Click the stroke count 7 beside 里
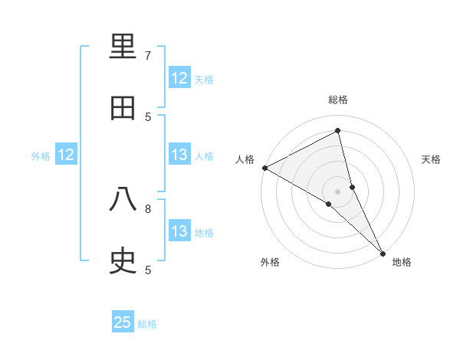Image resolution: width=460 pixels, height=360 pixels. pos(148,56)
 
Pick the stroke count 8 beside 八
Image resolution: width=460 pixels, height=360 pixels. pos(148,208)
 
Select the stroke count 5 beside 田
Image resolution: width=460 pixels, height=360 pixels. pos(148,116)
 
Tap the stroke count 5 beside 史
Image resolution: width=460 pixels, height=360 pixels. pos(148,270)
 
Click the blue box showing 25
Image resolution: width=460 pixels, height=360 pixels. pos(123,323)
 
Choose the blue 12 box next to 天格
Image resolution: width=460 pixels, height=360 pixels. pos(179,78)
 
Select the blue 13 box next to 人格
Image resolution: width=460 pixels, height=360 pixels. pos(179,155)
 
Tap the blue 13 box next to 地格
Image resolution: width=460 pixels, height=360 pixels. pos(179,231)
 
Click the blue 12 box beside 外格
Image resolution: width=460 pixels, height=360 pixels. pos(66,155)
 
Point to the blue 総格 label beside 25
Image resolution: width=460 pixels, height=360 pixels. pos(147,324)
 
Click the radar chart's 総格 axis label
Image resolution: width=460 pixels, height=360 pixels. pos(338,100)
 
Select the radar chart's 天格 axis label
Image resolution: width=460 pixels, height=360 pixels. pos(432,159)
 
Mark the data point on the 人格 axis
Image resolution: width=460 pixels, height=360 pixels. pos(264,168)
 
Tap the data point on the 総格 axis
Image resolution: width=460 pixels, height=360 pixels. pos(338,131)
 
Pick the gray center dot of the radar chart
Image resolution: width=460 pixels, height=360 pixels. pos(338,191)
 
